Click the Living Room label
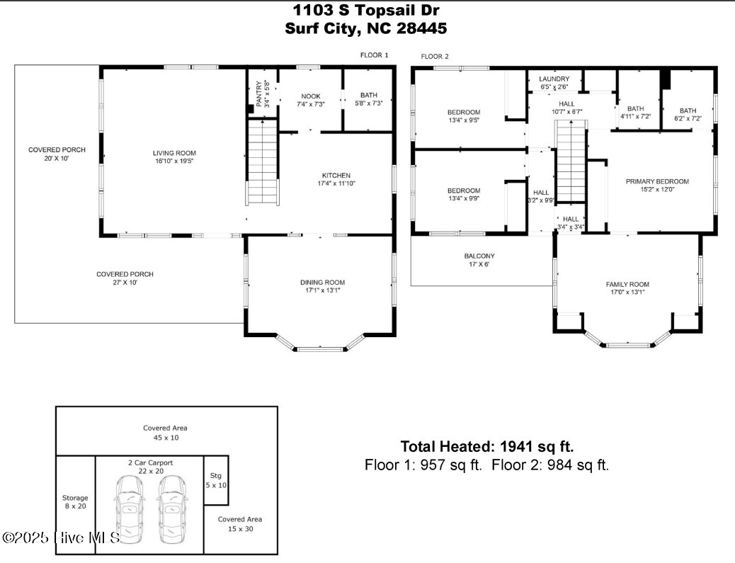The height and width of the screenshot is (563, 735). point(174,153)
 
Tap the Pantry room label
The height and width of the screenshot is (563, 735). point(259,93)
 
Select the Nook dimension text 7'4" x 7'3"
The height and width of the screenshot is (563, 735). point(311,104)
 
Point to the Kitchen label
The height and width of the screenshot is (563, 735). point(336,176)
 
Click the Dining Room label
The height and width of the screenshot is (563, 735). point(322,282)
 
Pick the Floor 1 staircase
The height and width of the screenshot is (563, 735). point(263,162)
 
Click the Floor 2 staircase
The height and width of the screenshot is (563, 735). point(571,161)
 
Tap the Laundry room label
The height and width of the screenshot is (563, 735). point(554,79)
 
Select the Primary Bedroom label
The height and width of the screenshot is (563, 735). point(657,181)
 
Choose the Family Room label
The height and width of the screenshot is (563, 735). point(627,284)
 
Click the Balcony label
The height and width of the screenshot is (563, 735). point(479,256)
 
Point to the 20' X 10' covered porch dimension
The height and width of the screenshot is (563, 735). point(57,159)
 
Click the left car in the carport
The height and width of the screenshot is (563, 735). point(130,510)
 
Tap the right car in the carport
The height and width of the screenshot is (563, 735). point(172,510)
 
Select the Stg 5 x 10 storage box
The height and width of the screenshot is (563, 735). point(216,480)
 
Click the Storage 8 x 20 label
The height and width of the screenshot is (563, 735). point(75,502)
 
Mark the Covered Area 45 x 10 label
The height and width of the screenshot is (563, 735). point(165,433)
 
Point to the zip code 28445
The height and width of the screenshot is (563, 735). point(421,28)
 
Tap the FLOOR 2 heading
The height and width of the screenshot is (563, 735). point(435,56)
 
